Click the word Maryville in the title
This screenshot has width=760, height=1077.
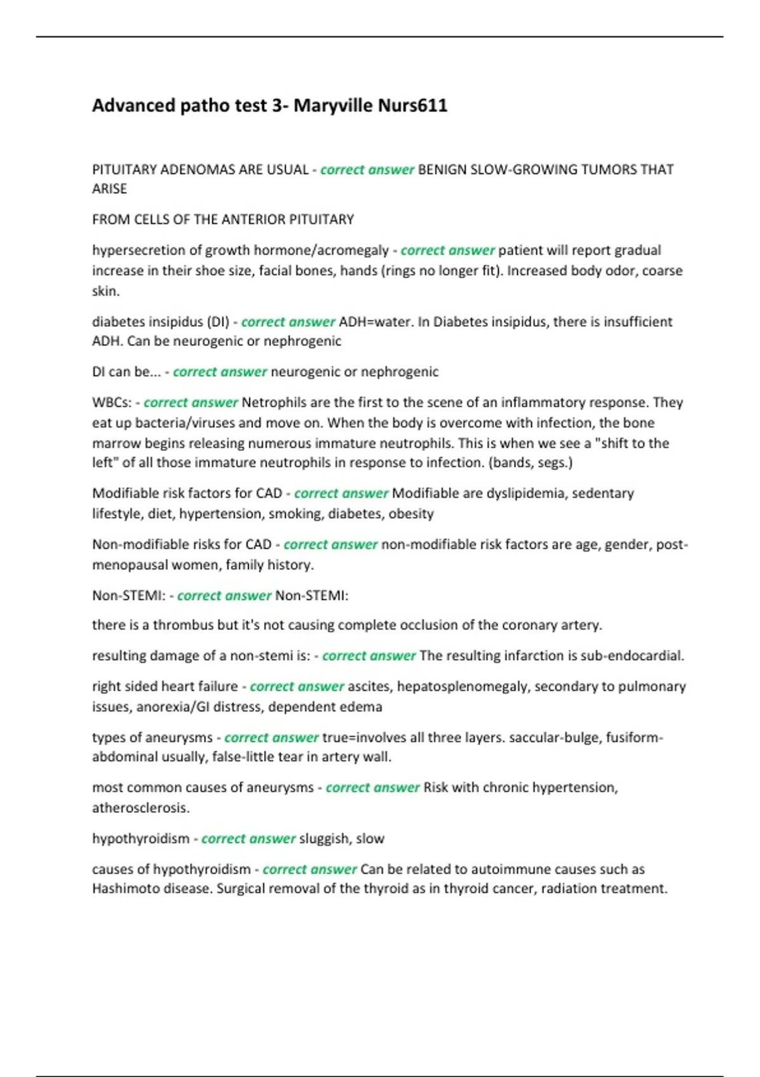click(x=333, y=105)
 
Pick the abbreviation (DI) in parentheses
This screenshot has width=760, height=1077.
click(x=218, y=322)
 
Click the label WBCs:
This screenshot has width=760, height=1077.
click(x=112, y=403)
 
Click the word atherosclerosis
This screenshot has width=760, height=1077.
click(x=141, y=808)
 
